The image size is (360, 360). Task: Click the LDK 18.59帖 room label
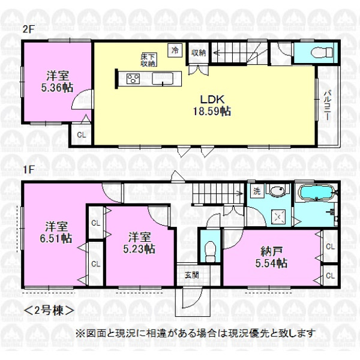[x=212, y=106]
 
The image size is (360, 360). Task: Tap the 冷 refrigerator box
[x=175, y=50]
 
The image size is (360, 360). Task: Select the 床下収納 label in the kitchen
[x=149, y=60]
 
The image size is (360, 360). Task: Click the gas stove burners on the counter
[x=133, y=79]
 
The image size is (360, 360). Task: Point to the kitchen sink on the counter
[x=163, y=78]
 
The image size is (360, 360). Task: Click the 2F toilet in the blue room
[x=322, y=53]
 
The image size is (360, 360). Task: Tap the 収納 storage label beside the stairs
[x=199, y=53]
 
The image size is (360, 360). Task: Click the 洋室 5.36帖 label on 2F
[x=57, y=82]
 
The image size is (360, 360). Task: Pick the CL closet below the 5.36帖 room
[x=81, y=135]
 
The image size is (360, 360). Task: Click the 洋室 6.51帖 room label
[x=56, y=232]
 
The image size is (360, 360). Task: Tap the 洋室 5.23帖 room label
[x=139, y=243]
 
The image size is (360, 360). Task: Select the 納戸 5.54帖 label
[x=271, y=257]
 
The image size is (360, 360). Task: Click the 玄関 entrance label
[x=192, y=275]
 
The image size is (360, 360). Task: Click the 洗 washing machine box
[x=257, y=191]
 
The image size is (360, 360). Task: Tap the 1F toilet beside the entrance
[x=211, y=250]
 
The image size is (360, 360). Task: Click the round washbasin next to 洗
[x=277, y=191]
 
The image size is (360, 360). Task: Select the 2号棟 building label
[x=49, y=311]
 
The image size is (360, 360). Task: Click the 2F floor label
[x=28, y=30]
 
